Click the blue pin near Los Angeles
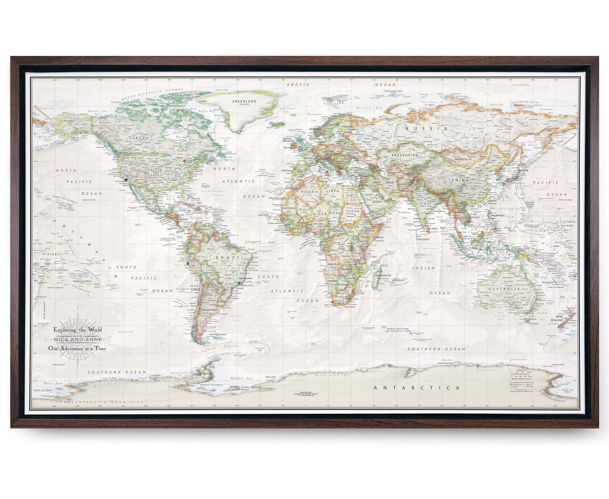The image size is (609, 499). tap(126, 180)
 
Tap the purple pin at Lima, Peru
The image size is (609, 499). tap(188, 263)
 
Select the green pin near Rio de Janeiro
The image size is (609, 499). tap(239, 283)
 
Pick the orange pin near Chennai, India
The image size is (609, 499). tap(425, 219)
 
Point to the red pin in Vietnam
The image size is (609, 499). tap(468, 221)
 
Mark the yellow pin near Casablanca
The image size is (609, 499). tap(293, 180)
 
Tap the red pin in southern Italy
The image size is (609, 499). tap(327, 172)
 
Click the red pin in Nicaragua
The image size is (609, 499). tap(177, 222)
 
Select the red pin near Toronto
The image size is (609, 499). tap(184, 161)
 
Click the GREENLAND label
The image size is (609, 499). tap(244, 101)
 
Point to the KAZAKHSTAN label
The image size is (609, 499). tap(405, 155)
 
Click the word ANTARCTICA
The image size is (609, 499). tap(417, 388)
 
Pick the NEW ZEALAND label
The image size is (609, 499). tap(559, 318)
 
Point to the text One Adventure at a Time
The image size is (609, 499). tap(77, 349)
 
